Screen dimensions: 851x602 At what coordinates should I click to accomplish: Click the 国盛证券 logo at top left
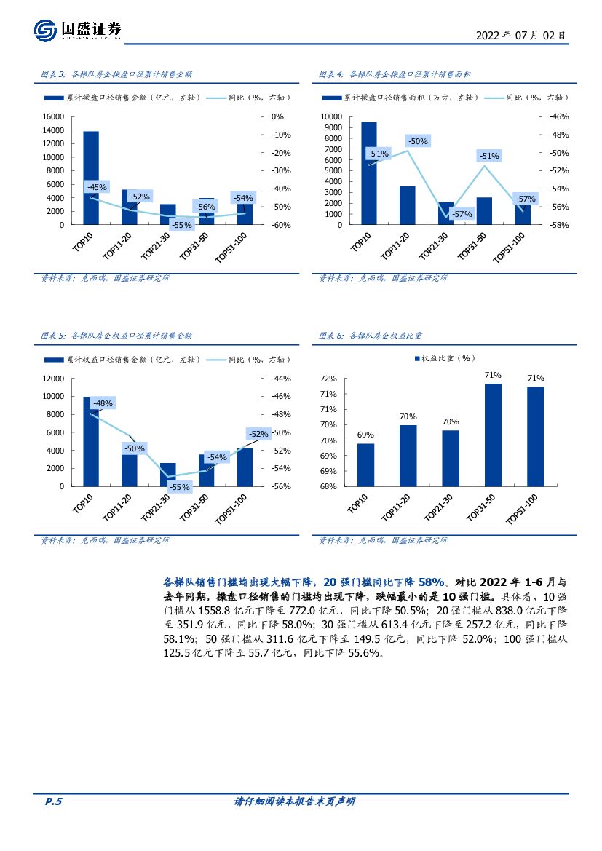tap(78, 30)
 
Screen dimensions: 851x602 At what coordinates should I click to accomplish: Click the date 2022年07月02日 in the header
tap(520, 35)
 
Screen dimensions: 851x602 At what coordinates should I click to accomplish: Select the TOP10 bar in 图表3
tap(91, 178)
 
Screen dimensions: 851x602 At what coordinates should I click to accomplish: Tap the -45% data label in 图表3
tap(97, 187)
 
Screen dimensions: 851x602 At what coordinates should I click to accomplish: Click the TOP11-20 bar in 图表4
tap(408, 205)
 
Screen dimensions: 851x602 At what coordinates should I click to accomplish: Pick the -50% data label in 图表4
tap(418, 141)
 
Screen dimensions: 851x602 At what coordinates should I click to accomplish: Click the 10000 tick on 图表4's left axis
tap(331, 116)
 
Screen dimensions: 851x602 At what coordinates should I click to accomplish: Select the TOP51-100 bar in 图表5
tap(245, 467)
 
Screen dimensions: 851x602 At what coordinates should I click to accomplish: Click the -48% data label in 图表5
tap(103, 403)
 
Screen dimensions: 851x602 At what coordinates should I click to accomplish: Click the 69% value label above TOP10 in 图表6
tap(365, 435)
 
